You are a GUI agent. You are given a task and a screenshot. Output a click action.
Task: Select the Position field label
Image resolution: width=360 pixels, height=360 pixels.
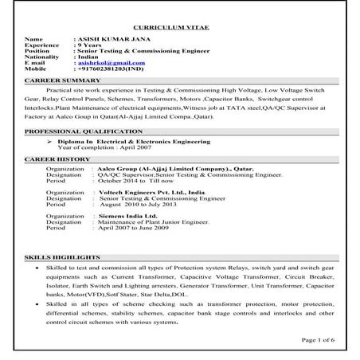(39, 50)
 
